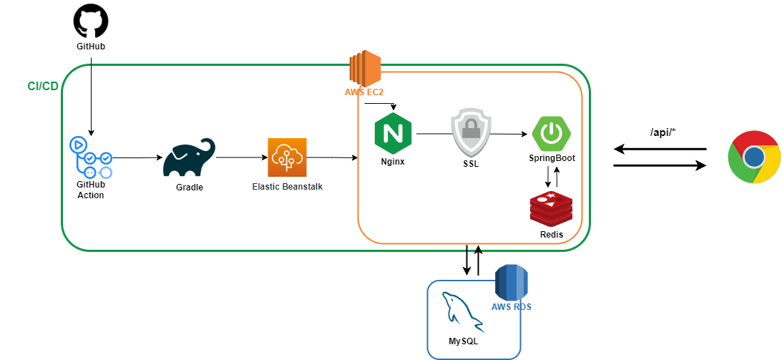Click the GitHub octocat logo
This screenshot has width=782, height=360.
tap(91, 21)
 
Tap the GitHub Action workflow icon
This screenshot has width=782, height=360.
tap(90, 157)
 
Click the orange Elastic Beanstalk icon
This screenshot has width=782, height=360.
tap(287, 157)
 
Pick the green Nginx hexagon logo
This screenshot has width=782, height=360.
tap(392, 133)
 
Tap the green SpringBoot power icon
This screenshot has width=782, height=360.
tap(551, 132)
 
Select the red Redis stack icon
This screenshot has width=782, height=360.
tap(551, 209)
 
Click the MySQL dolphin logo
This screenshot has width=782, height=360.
tap(461, 313)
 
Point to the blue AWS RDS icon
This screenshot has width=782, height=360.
tap(511, 282)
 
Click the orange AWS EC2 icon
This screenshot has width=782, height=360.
tap(364, 69)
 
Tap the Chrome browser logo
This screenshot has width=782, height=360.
tap(753, 157)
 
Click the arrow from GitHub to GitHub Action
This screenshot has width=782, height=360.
tap(91, 93)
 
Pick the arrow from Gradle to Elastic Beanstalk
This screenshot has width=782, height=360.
tap(242, 157)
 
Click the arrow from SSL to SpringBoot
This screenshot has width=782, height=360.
tap(509, 134)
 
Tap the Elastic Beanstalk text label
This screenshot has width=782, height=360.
tap(287, 186)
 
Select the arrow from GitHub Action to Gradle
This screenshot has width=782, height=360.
tap(137, 157)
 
